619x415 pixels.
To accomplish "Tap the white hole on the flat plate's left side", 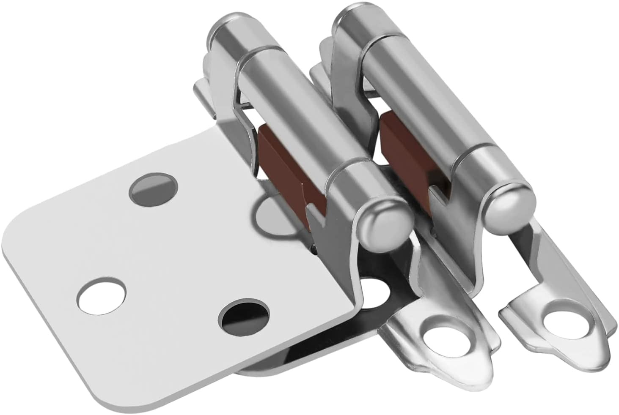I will pyautogui.click(x=101, y=295).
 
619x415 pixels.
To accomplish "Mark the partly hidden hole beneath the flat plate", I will pyautogui.click(x=374, y=292).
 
